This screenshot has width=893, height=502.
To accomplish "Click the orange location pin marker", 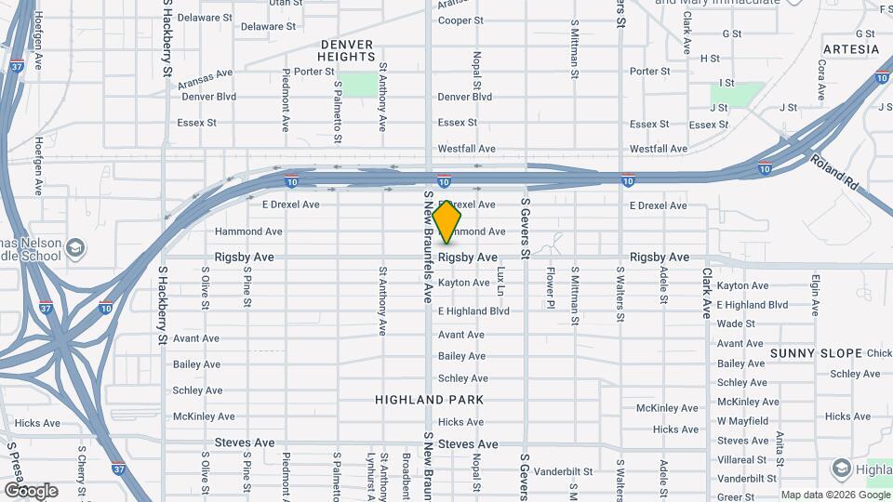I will [447, 222].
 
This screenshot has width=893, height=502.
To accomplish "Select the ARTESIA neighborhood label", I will [850, 49].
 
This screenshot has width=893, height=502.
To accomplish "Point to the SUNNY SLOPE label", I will [817, 353].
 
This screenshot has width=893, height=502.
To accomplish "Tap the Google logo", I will [31, 490].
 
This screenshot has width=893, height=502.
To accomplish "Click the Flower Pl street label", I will [551, 289].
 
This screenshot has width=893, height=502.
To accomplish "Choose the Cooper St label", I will [460, 20].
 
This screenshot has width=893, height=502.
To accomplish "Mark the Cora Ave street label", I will [821, 81].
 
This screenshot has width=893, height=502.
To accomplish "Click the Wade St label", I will [736, 324].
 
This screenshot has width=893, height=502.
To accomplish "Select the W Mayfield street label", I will [742, 421].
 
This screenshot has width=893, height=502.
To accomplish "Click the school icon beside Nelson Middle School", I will [75, 248].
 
